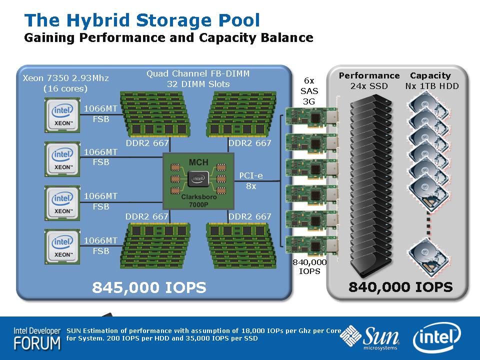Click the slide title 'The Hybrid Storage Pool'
click(142, 20)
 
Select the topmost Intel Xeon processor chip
click(62, 114)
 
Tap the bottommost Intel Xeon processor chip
click(62, 246)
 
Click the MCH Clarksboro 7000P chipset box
click(198, 181)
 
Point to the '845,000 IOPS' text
click(149, 287)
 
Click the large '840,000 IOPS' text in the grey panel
click(400, 287)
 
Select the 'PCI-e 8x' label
click(251, 180)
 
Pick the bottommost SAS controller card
click(310, 246)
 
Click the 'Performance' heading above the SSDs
click(369, 75)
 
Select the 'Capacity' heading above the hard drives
click(430, 75)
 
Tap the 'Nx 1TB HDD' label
click(432, 86)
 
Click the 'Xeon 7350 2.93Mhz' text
click(65, 78)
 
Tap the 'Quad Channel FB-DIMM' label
click(197, 73)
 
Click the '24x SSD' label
click(369, 86)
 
